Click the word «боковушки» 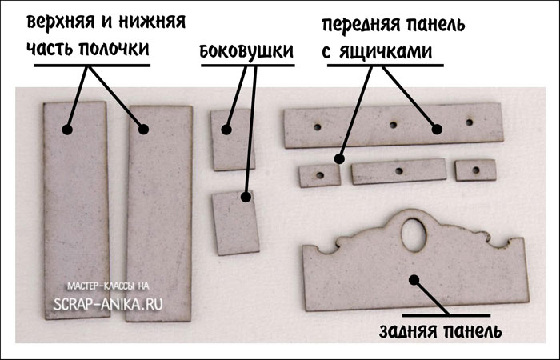tap(246, 52)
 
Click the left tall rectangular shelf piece tap(75, 208)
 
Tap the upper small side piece tap(231, 140)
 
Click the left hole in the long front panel tap(318, 126)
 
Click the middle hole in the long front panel tap(394, 124)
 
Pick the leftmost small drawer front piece tap(318, 174)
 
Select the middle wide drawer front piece tap(398, 170)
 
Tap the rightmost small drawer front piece tap(475, 169)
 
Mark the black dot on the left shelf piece tap(67, 128)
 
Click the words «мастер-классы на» tap(108, 286)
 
